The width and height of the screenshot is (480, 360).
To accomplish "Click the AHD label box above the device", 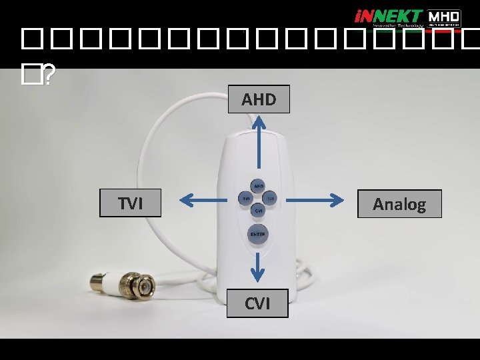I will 259,99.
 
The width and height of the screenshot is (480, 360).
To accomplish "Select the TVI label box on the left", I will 131,203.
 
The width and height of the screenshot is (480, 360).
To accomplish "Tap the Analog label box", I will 399,203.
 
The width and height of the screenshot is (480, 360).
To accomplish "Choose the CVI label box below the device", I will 257,303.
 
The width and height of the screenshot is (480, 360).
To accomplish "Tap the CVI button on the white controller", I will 258,211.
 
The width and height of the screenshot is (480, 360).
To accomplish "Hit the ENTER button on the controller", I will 257,234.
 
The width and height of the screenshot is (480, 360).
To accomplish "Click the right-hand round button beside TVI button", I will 271,198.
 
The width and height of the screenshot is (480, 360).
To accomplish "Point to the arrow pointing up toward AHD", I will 259,143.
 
